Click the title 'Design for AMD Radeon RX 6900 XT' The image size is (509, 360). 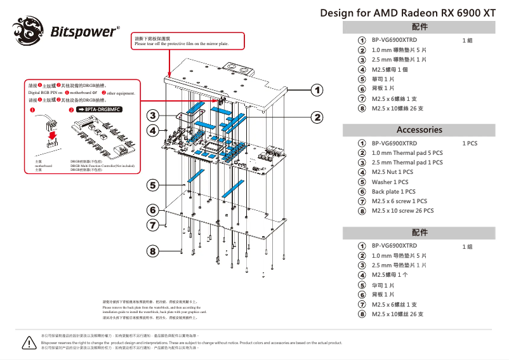[408, 13]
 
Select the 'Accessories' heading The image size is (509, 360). [419, 130]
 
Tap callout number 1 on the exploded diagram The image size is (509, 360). [316, 90]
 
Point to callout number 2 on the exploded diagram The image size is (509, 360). [316, 117]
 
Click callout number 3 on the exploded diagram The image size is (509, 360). [152, 116]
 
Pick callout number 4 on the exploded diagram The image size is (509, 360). [152, 130]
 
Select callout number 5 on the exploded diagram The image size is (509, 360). [152, 185]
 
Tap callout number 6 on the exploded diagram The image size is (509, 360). [152, 210]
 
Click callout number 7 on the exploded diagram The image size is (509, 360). [152, 224]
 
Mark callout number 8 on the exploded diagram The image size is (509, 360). [152, 251]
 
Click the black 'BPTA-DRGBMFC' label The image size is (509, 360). [99, 110]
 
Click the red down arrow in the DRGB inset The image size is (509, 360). [52, 136]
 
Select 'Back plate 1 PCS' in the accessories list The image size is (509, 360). [393, 192]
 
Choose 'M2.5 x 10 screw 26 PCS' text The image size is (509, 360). [402, 211]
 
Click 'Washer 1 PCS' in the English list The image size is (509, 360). [390, 182]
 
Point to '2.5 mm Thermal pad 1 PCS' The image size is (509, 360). [407, 163]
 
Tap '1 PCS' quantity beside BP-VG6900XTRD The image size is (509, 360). [470, 143]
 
